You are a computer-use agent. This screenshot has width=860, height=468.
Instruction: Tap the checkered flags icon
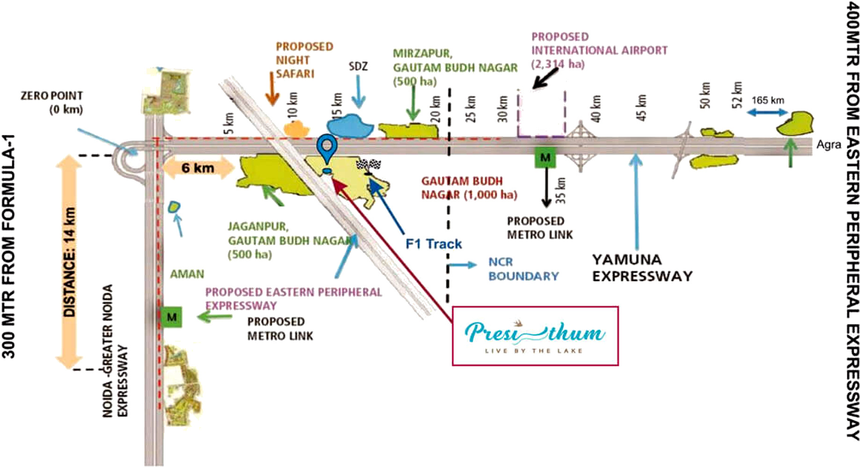click(369, 165)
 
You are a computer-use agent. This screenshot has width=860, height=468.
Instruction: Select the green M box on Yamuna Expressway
click(545, 157)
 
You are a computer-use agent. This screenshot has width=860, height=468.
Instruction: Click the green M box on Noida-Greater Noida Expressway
click(172, 317)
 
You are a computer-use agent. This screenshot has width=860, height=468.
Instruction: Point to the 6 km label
click(198, 168)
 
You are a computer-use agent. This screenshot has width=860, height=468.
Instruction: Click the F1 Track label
click(433, 244)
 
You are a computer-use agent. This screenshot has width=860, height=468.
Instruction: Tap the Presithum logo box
click(535, 336)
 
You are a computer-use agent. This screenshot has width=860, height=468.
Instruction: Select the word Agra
click(829, 145)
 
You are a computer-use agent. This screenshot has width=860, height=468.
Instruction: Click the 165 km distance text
click(768, 100)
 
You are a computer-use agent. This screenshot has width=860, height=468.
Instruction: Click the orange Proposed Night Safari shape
click(296, 129)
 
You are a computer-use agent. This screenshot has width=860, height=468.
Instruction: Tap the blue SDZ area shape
click(350, 125)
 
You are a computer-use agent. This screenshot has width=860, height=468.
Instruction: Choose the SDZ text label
click(358, 66)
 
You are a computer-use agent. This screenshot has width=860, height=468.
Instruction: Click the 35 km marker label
click(561, 190)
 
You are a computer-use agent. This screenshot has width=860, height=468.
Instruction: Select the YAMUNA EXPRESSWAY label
click(642, 268)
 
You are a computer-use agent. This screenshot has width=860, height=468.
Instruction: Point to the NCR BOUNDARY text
click(523, 269)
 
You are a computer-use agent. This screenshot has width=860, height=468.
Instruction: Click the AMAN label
click(187, 274)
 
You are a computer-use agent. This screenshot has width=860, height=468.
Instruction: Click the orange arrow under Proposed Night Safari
click(272, 88)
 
